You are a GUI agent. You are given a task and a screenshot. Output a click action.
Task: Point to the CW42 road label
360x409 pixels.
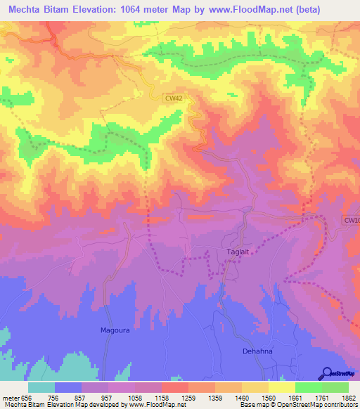click(x=174, y=99)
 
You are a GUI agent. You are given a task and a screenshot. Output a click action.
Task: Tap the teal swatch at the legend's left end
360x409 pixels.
click(x=41, y=387)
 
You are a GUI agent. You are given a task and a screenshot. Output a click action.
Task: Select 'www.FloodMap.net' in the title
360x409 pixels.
click(x=256, y=9)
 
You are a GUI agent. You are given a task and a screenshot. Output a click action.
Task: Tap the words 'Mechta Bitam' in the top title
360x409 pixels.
click(x=41, y=9)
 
